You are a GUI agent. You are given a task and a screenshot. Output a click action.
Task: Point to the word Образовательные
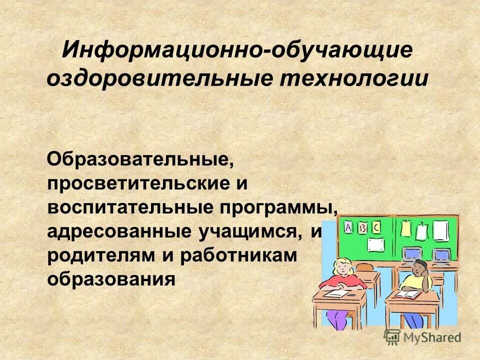[140, 160]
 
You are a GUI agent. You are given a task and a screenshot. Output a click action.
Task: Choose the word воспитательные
[129, 207]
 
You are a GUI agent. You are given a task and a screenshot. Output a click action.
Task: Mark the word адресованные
[118, 231]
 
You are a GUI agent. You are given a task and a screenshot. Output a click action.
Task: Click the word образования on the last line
[111, 278]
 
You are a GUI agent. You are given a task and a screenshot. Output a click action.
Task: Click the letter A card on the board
[348, 228]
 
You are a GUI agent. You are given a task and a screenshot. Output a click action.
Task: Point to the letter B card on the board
[362, 228]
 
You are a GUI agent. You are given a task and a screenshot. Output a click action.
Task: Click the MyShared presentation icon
[392, 337]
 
